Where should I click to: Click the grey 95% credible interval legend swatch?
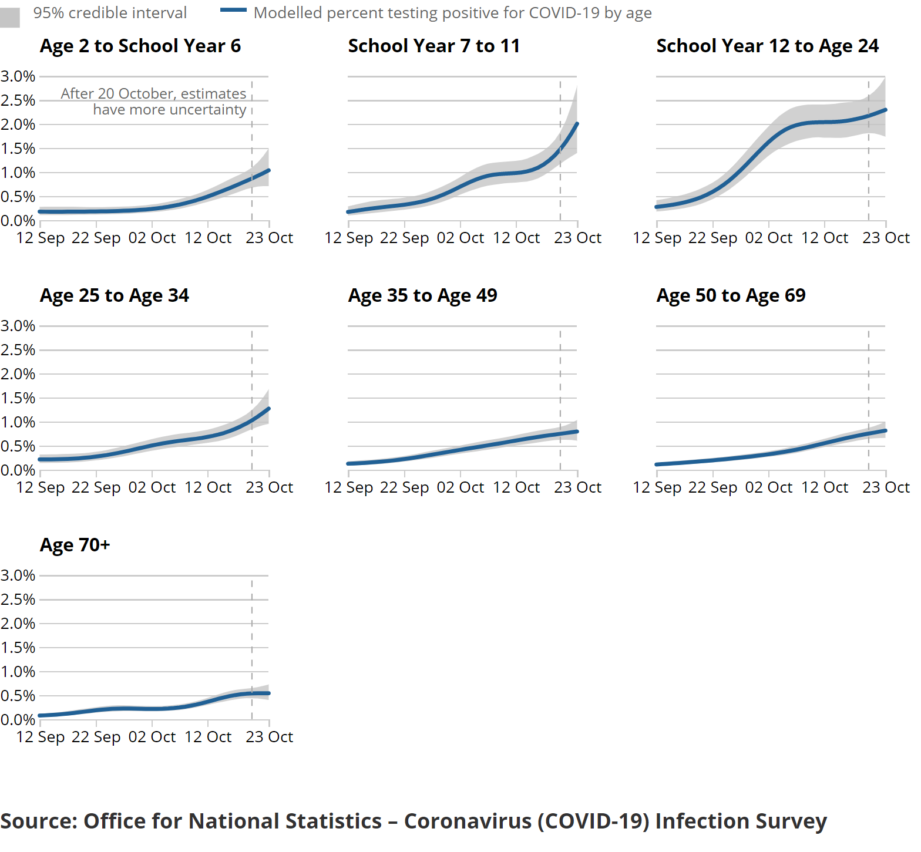[x=9, y=17]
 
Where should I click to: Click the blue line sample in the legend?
[x=233, y=10]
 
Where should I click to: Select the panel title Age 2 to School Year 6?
[x=140, y=46]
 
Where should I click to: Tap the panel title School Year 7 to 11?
[x=433, y=46]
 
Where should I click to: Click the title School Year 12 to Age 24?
[x=767, y=46]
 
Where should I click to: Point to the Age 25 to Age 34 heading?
[x=115, y=295]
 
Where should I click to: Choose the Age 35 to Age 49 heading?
[x=422, y=295]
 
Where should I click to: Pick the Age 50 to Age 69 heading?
[x=731, y=295]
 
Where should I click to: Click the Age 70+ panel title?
[x=75, y=545]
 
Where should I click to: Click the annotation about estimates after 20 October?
[x=154, y=102]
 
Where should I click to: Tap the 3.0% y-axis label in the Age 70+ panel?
[x=18, y=575]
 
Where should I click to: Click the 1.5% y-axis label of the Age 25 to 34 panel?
[x=18, y=398]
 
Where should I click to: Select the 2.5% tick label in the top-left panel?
[x=18, y=100]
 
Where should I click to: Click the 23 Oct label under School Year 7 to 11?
[x=577, y=238]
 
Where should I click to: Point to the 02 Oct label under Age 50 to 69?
[x=768, y=487]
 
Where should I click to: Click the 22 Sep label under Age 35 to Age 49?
[x=404, y=487]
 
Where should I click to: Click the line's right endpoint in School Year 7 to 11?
[x=577, y=124]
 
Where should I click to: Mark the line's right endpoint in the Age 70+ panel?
[x=268, y=693]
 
